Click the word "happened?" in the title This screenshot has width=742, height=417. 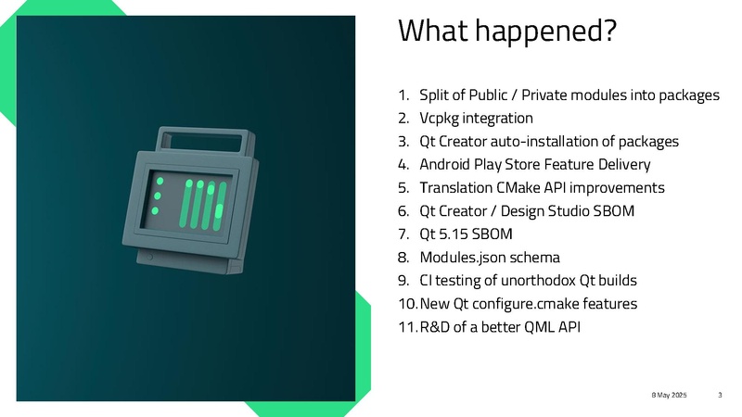[x=546, y=32]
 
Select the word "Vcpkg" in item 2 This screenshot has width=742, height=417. [x=439, y=119]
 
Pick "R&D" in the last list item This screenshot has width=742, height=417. [x=434, y=327]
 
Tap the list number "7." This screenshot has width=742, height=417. [x=403, y=234]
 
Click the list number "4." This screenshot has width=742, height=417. [x=403, y=165]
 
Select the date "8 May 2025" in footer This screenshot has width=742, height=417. [x=669, y=395]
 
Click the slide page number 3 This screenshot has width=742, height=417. [x=720, y=395]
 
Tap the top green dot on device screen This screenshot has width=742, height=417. [x=160, y=181]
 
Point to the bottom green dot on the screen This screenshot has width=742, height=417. [x=155, y=211]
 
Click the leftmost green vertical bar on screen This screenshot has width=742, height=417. [x=185, y=203]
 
